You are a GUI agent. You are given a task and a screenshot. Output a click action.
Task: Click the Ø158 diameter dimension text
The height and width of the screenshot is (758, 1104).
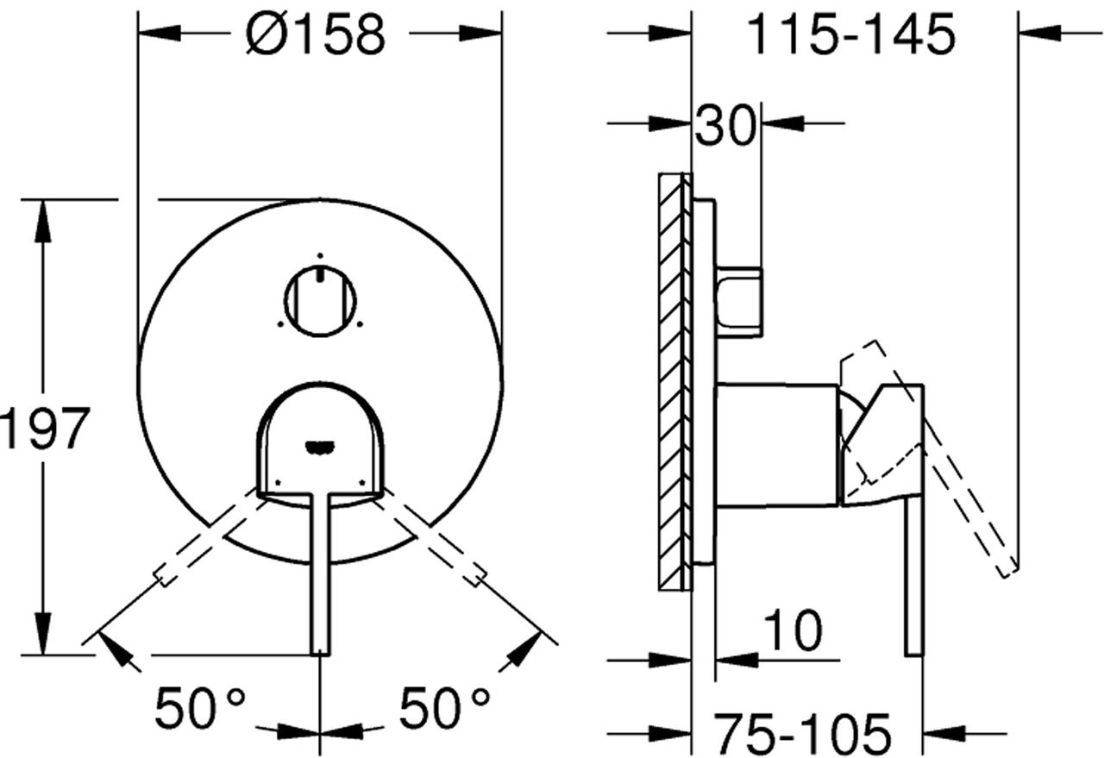pos(316,34)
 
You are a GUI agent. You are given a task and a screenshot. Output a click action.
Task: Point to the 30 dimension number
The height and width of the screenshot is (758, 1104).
pos(725,125)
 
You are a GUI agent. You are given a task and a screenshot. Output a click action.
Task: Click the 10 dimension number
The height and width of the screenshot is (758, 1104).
pos(793,630)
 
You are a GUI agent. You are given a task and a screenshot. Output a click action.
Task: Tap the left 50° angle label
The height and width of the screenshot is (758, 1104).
pos(199,709)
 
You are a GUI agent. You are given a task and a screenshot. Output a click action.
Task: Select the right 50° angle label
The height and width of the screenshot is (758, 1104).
pos(444,708)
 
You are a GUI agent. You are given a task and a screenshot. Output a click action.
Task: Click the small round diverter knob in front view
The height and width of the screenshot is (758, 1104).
pos(320,302)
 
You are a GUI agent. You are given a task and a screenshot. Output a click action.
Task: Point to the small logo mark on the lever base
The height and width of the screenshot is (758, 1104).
pos(320,446)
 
